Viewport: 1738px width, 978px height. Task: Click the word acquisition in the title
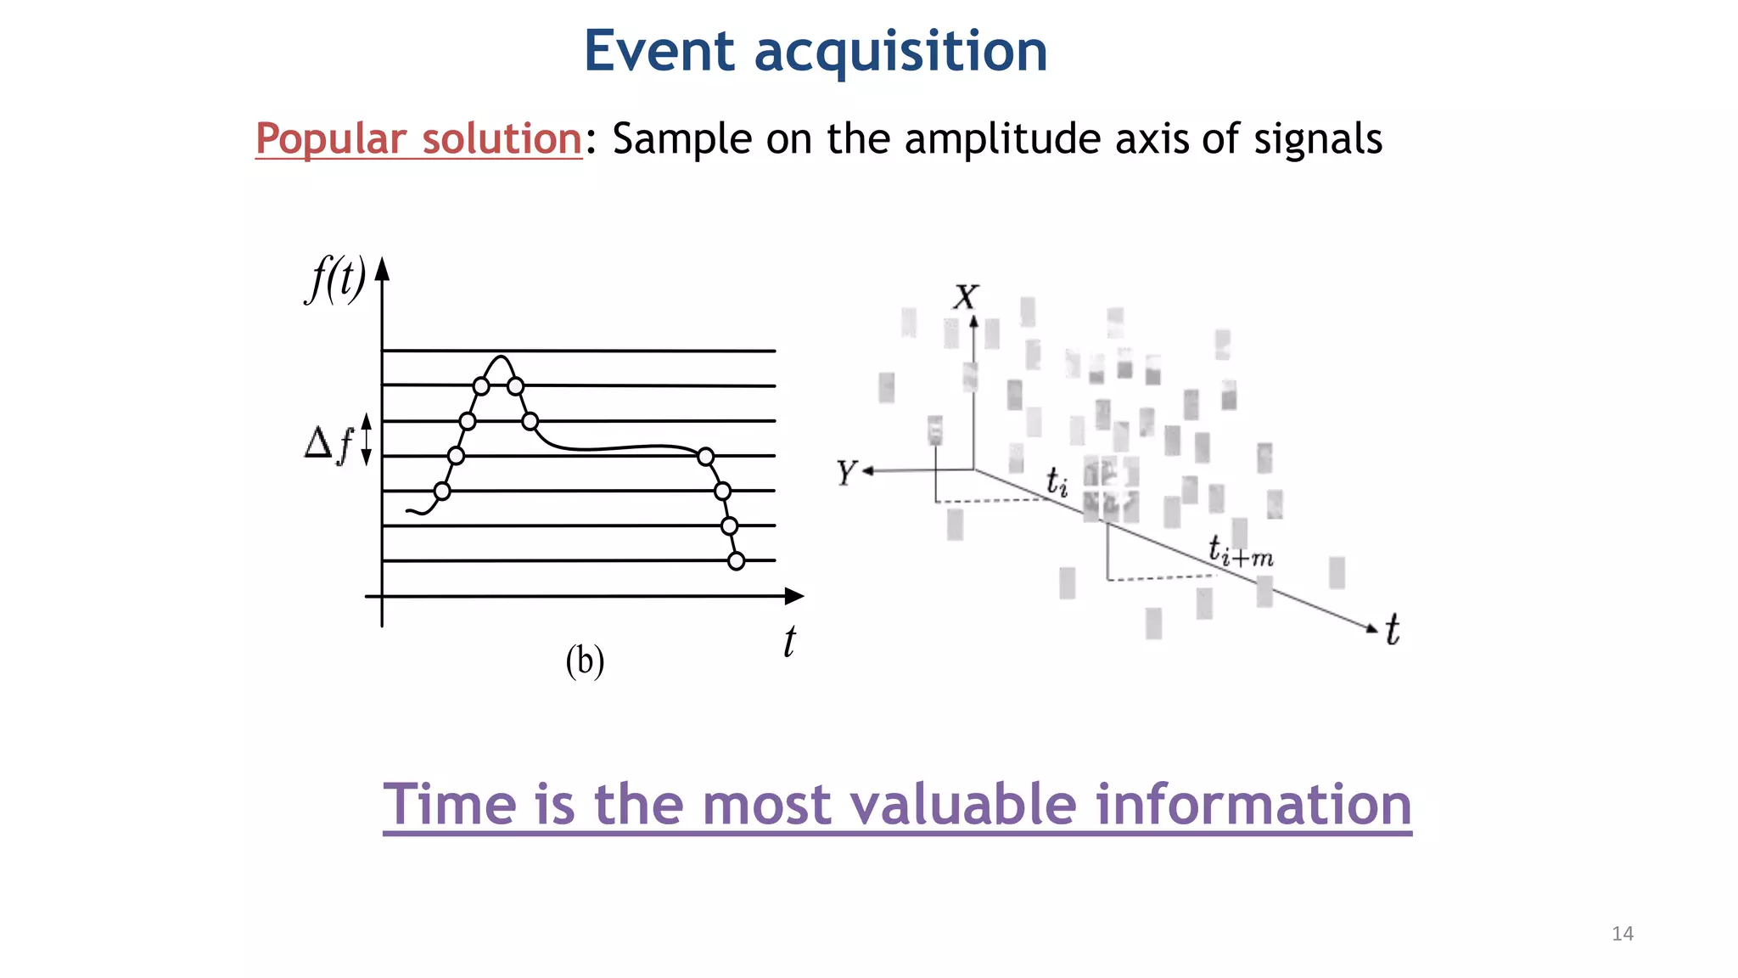tap(900, 53)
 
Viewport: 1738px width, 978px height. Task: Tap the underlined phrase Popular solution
tap(418, 138)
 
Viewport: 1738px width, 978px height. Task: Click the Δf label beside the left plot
tap(328, 443)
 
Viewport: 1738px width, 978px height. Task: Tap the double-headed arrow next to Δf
tap(367, 439)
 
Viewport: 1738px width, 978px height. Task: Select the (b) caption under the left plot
tap(585, 660)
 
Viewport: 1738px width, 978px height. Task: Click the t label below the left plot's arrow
tap(789, 641)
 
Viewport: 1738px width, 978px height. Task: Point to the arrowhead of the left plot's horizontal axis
tap(794, 596)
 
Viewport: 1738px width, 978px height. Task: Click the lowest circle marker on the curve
tap(737, 561)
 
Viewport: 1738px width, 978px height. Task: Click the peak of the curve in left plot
tap(502, 357)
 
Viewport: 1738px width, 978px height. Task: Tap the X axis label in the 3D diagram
tap(966, 297)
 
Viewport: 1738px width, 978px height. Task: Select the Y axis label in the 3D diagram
tap(846, 473)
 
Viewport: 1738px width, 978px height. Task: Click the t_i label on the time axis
tap(1057, 481)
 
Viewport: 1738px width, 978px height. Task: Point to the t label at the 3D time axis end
tap(1393, 630)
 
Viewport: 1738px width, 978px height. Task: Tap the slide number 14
tap(1622, 934)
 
